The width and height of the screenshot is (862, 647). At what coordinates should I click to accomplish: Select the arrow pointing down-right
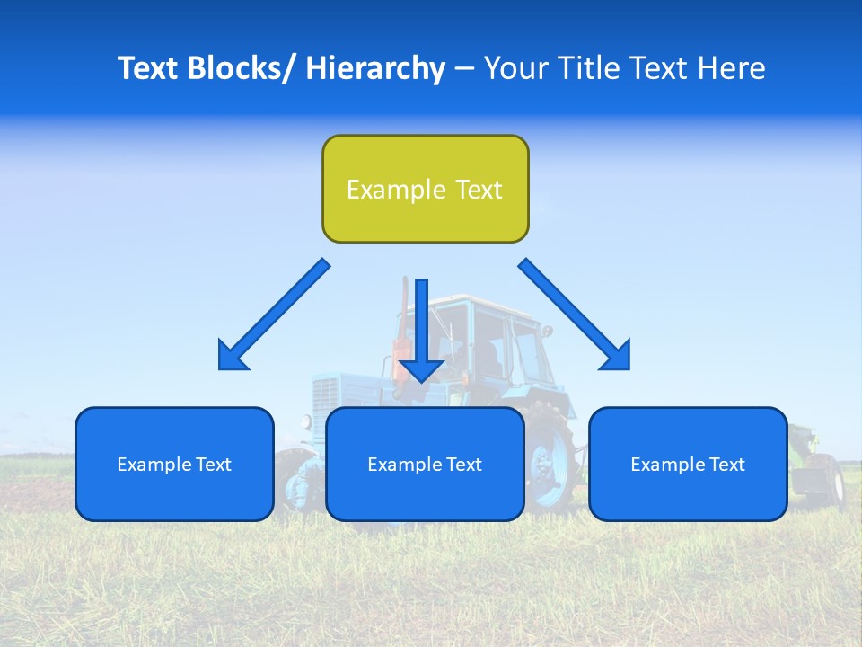point(576,315)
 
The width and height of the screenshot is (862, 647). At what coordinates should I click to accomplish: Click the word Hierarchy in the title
point(375,68)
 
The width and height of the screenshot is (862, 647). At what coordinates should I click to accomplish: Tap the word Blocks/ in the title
point(243,68)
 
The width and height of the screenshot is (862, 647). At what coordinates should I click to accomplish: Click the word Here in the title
point(731,68)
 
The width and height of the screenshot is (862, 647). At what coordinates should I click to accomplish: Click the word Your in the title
point(515,68)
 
